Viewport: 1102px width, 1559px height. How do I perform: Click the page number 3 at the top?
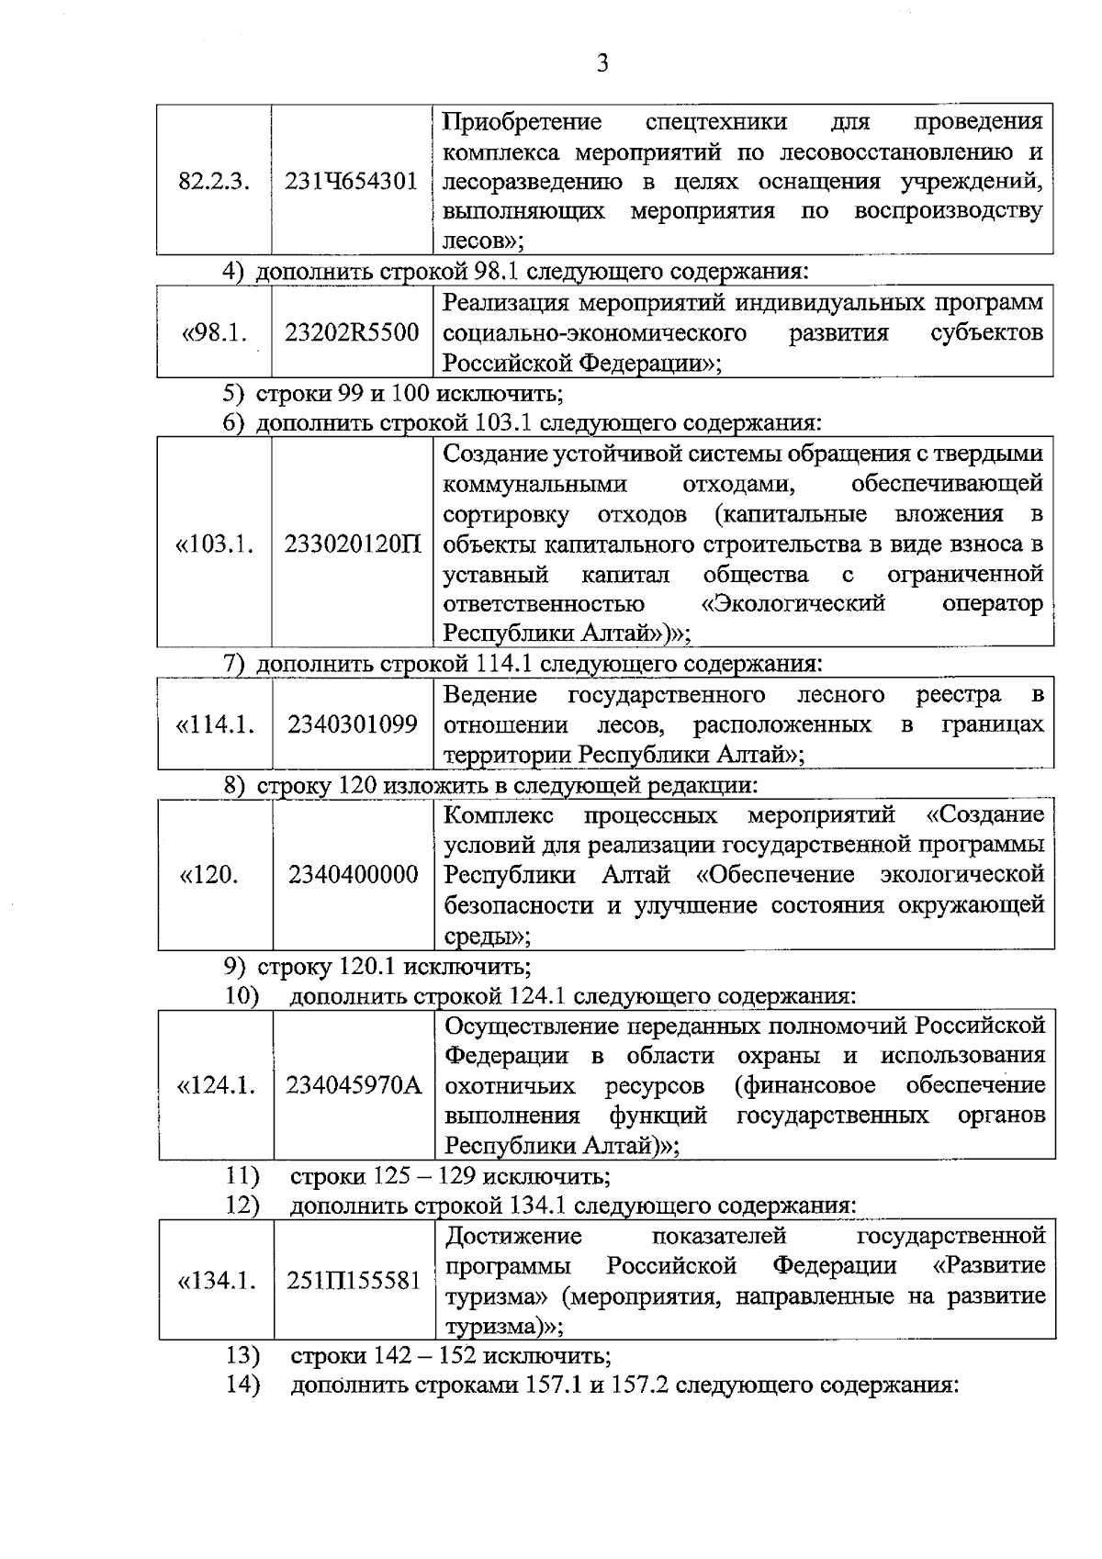click(602, 63)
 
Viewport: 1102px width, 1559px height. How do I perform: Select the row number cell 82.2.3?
click(214, 181)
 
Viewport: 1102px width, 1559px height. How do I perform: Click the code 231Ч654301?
click(351, 181)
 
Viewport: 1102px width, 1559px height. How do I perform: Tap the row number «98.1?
click(215, 332)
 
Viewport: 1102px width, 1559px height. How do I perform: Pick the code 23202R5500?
click(352, 332)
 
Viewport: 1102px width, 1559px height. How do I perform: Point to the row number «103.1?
click(215, 544)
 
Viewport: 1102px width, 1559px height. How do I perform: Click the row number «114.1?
click(215, 724)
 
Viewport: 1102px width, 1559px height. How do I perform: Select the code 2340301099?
click(353, 724)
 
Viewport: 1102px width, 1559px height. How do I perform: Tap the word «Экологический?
click(787, 603)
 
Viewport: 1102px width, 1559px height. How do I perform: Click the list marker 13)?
click(243, 1354)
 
